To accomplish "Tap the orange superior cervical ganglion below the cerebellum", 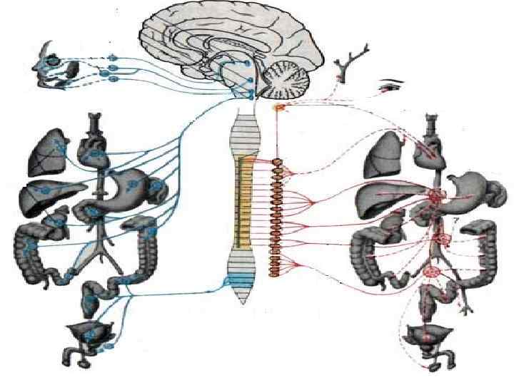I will click(280, 108).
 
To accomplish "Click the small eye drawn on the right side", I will click(390, 86).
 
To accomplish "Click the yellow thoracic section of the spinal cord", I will click(246, 200).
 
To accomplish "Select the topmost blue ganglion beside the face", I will click(111, 57).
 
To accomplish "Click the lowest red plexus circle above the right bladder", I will click(431, 271).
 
